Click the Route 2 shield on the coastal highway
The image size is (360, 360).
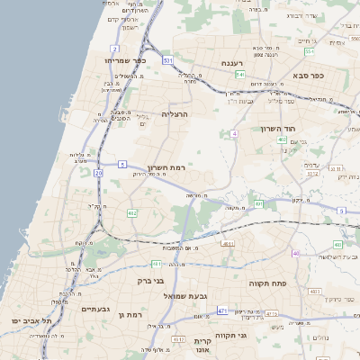tap(115, 49)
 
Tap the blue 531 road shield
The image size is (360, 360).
tap(167, 60)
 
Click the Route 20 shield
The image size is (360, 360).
tap(98, 172)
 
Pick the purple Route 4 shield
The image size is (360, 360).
tap(234, 133)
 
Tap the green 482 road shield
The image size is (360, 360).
tap(132, 212)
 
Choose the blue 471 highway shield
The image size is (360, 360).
tap(221, 311)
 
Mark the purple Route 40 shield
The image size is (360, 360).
tap(295, 253)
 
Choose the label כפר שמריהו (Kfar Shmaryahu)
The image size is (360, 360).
tap(111, 60)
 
